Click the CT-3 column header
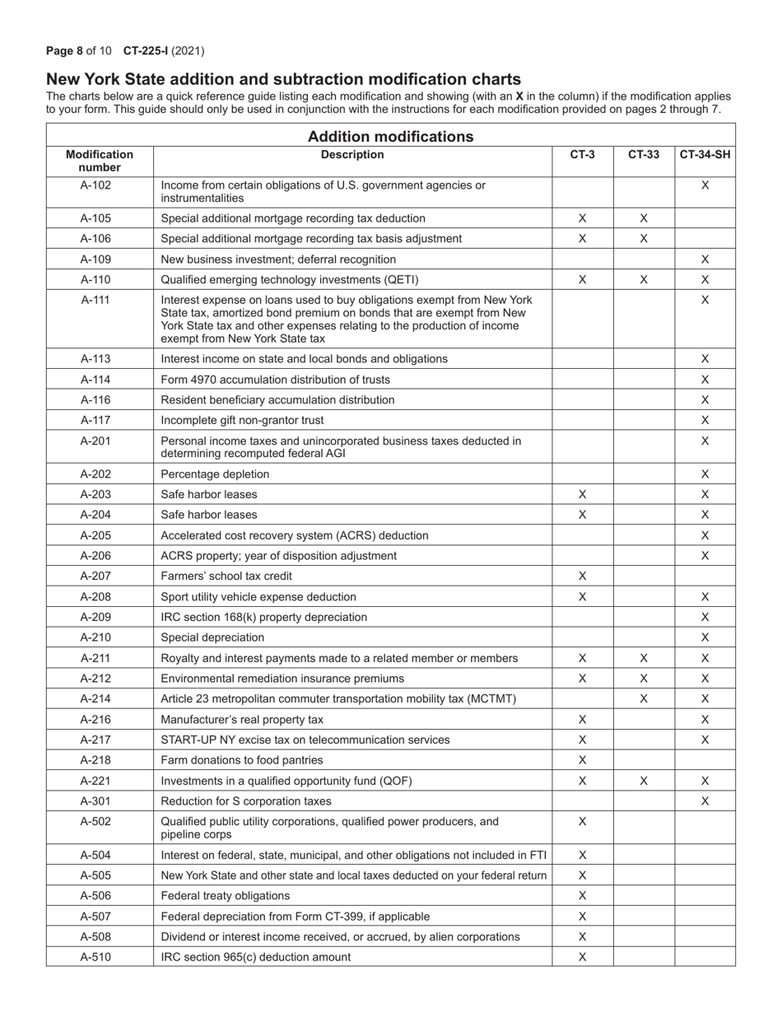(x=582, y=154)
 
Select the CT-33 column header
(x=644, y=154)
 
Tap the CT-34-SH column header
(x=705, y=154)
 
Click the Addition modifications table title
(x=390, y=136)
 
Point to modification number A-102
(x=95, y=185)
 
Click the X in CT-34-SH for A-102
(x=705, y=185)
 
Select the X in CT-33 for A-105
(x=644, y=218)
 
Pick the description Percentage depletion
(x=215, y=474)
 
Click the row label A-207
(x=95, y=577)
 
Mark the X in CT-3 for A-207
(x=582, y=577)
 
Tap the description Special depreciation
(x=212, y=637)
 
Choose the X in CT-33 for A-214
(x=644, y=699)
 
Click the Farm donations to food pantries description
(x=241, y=760)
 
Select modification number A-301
(x=95, y=801)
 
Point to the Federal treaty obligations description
(x=225, y=896)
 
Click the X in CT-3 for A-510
(x=582, y=957)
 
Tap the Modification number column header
(x=99, y=161)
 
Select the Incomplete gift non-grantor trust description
(x=243, y=420)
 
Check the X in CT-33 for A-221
(x=644, y=781)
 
